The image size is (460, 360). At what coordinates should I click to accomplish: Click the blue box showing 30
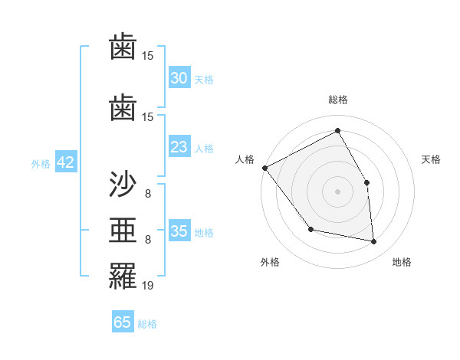point(179,78)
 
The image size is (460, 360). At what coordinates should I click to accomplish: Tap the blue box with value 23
point(179,147)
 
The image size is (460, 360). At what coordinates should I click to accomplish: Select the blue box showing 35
point(179,231)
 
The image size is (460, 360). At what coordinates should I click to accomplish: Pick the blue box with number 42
point(64,162)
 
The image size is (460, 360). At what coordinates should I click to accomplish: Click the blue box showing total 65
point(123,322)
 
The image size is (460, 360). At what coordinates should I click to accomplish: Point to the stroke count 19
point(148,286)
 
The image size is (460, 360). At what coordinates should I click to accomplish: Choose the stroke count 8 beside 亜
point(148,240)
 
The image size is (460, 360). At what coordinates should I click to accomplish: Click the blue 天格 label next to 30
point(204,80)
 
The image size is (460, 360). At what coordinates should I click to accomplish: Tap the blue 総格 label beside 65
point(147,324)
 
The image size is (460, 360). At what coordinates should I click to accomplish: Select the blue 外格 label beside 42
point(41,164)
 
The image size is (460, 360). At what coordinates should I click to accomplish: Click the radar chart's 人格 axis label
point(245,159)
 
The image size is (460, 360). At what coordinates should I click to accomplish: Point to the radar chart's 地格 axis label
point(402,263)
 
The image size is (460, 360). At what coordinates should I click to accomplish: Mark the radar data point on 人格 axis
point(264,168)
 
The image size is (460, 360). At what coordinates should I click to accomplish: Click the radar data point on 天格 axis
point(366,182)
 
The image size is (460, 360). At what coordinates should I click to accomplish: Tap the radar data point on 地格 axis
point(374,241)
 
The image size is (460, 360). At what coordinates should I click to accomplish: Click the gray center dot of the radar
point(337,191)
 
